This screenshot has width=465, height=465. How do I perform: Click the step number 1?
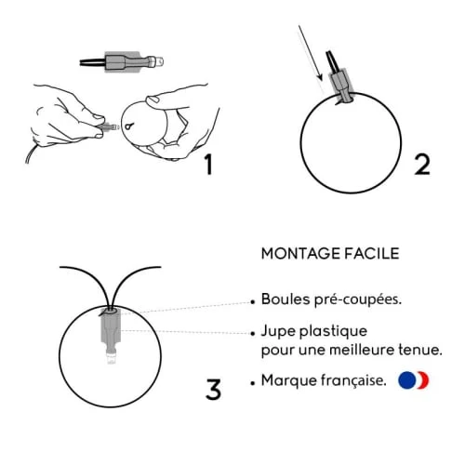point(208,165)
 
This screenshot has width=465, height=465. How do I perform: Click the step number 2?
point(422,165)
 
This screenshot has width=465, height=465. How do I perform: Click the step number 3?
point(213,388)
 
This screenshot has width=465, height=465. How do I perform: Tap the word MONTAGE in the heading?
point(298,254)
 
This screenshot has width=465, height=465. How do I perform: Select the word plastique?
point(335,331)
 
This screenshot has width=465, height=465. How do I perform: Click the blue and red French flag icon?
point(413,379)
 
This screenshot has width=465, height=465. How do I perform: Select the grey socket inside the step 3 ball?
point(109,330)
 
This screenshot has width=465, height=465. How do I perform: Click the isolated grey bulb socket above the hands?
point(129,64)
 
